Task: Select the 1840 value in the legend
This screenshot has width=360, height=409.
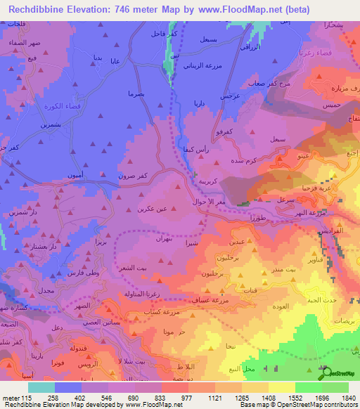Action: (x=346, y=398)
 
